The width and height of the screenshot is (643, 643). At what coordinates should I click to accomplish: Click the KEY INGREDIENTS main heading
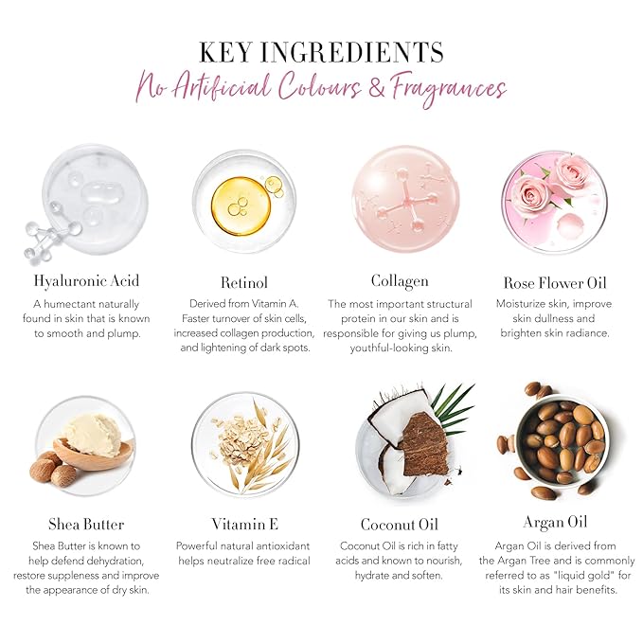[321, 52]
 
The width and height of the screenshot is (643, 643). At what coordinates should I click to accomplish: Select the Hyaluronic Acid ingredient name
[86, 281]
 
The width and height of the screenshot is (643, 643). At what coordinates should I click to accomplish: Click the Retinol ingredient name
[244, 282]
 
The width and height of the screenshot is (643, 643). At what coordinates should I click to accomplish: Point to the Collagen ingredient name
[400, 281]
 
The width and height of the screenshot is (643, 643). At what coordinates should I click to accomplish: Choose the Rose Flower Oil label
[555, 283]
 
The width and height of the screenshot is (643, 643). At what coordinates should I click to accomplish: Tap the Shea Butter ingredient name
[86, 524]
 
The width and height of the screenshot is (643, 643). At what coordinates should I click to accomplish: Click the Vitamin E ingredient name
[245, 524]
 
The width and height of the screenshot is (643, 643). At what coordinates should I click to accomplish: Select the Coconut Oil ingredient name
[400, 525]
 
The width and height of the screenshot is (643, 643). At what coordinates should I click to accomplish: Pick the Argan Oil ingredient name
[555, 523]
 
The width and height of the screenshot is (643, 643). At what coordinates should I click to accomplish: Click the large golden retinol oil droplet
[241, 205]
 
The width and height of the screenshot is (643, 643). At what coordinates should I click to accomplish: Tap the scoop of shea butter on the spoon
[92, 435]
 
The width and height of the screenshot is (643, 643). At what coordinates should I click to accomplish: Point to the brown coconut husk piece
[425, 445]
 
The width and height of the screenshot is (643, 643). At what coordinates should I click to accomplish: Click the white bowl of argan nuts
[561, 441]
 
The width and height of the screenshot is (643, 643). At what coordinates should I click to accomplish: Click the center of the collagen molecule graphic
[407, 201]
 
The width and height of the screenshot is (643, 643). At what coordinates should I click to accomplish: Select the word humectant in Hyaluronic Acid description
[69, 304]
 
